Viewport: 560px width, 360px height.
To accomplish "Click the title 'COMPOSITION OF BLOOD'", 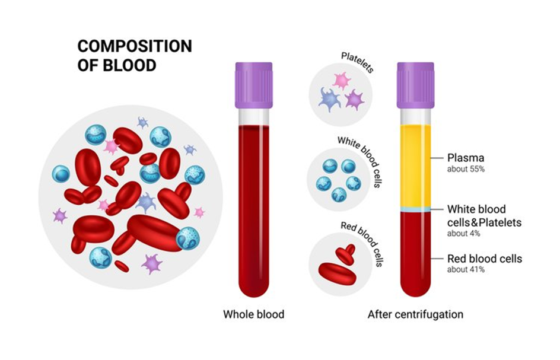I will pyautogui.click(x=135, y=55).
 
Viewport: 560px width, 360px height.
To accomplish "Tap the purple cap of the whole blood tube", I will pyautogui.click(x=253, y=86).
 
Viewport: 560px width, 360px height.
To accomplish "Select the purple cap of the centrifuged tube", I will pyautogui.click(x=415, y=86).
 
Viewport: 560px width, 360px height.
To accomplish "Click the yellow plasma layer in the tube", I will pyautogui.click(x=415, y=166).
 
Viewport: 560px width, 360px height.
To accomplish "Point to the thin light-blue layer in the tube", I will pyautogui.click(x=415, y=210).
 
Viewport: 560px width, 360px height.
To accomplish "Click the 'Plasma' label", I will pyautogui.click(x=466, y=158).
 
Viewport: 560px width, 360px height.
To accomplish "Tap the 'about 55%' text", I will pyautogui.click(x=465, y=169).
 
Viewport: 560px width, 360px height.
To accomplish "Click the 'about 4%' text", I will pyautogui.click(x=463, y=234).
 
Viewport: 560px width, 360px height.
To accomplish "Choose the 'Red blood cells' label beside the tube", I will pyautogui.click(x=485, y=259).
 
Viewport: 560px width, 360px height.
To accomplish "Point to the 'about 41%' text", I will pyautogui.click(x=466, y=270).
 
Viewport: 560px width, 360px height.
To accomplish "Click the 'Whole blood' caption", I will pyautogui.click(x=253, y=314).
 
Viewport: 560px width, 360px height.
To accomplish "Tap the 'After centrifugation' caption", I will pyautogui.click(x=415, y=314).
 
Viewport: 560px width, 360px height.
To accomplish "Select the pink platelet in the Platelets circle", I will pyautogui.click(x=341, y=80).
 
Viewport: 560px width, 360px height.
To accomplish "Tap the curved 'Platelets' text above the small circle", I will pyautogui.click(x=357, y=62).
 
